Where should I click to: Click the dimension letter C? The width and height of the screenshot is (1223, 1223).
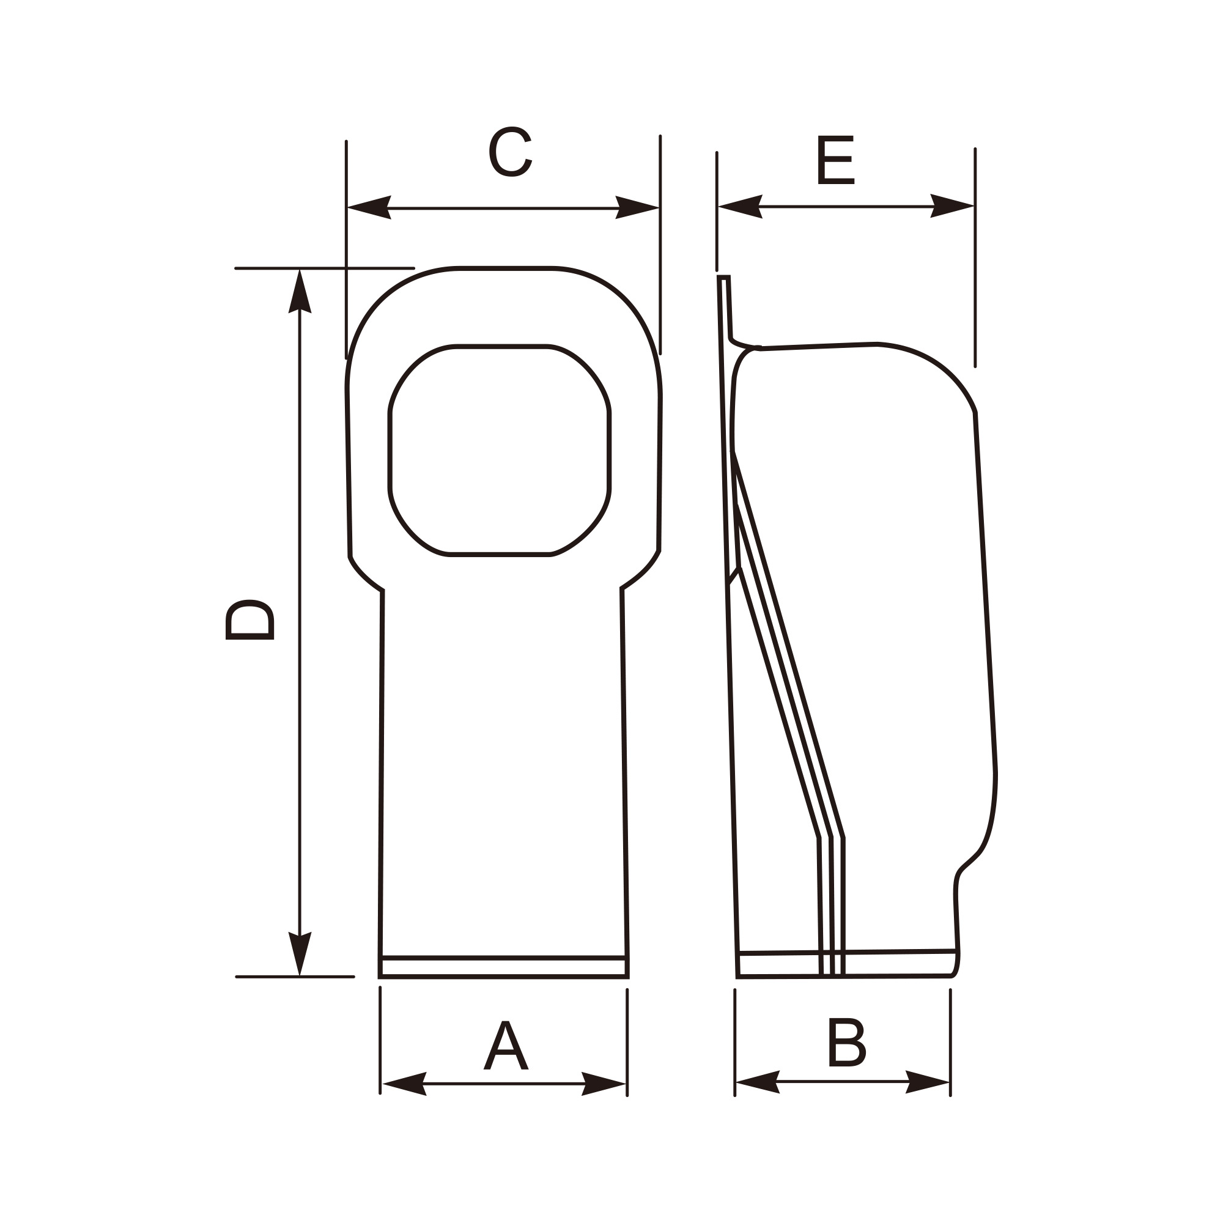[x=510, y=152]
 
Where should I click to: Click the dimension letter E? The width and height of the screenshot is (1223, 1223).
[x=835, y=160]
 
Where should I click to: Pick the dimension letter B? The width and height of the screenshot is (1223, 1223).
[x=846, y=1042]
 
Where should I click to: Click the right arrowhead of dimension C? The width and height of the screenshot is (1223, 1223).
[x=637, y=208]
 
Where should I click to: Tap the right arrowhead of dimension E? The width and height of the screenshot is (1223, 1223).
[x=952, y=205]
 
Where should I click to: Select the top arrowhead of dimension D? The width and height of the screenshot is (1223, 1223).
[x=300, y=292]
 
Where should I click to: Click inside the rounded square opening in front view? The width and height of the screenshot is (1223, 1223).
[x=500, y=451]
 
